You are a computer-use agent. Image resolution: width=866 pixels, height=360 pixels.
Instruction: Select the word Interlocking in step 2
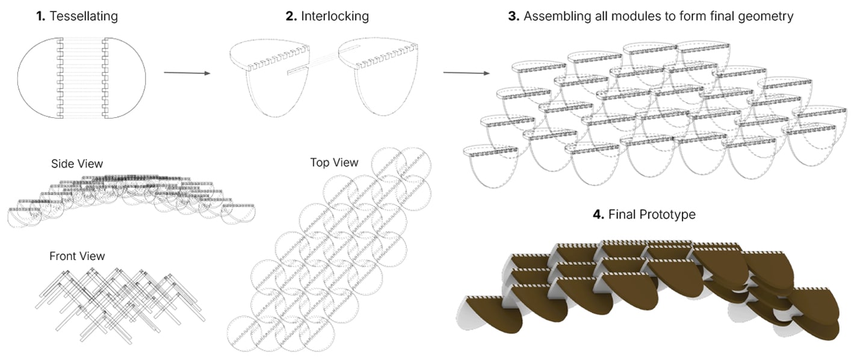point(335,16)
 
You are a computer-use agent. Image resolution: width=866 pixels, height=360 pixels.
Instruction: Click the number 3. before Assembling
point(513,16)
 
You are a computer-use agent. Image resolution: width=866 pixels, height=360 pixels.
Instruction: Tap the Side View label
point(77,164)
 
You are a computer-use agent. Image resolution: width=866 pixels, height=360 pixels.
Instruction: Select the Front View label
point(77,256)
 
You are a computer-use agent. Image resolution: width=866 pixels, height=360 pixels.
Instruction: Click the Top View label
point(334,163)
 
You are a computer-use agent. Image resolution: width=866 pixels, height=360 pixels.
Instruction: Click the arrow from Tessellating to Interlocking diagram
point(187,73)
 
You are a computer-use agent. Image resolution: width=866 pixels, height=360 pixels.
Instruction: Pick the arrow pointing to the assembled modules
point(466,73)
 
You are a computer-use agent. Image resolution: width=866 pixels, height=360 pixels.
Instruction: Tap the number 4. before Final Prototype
point(598,214)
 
